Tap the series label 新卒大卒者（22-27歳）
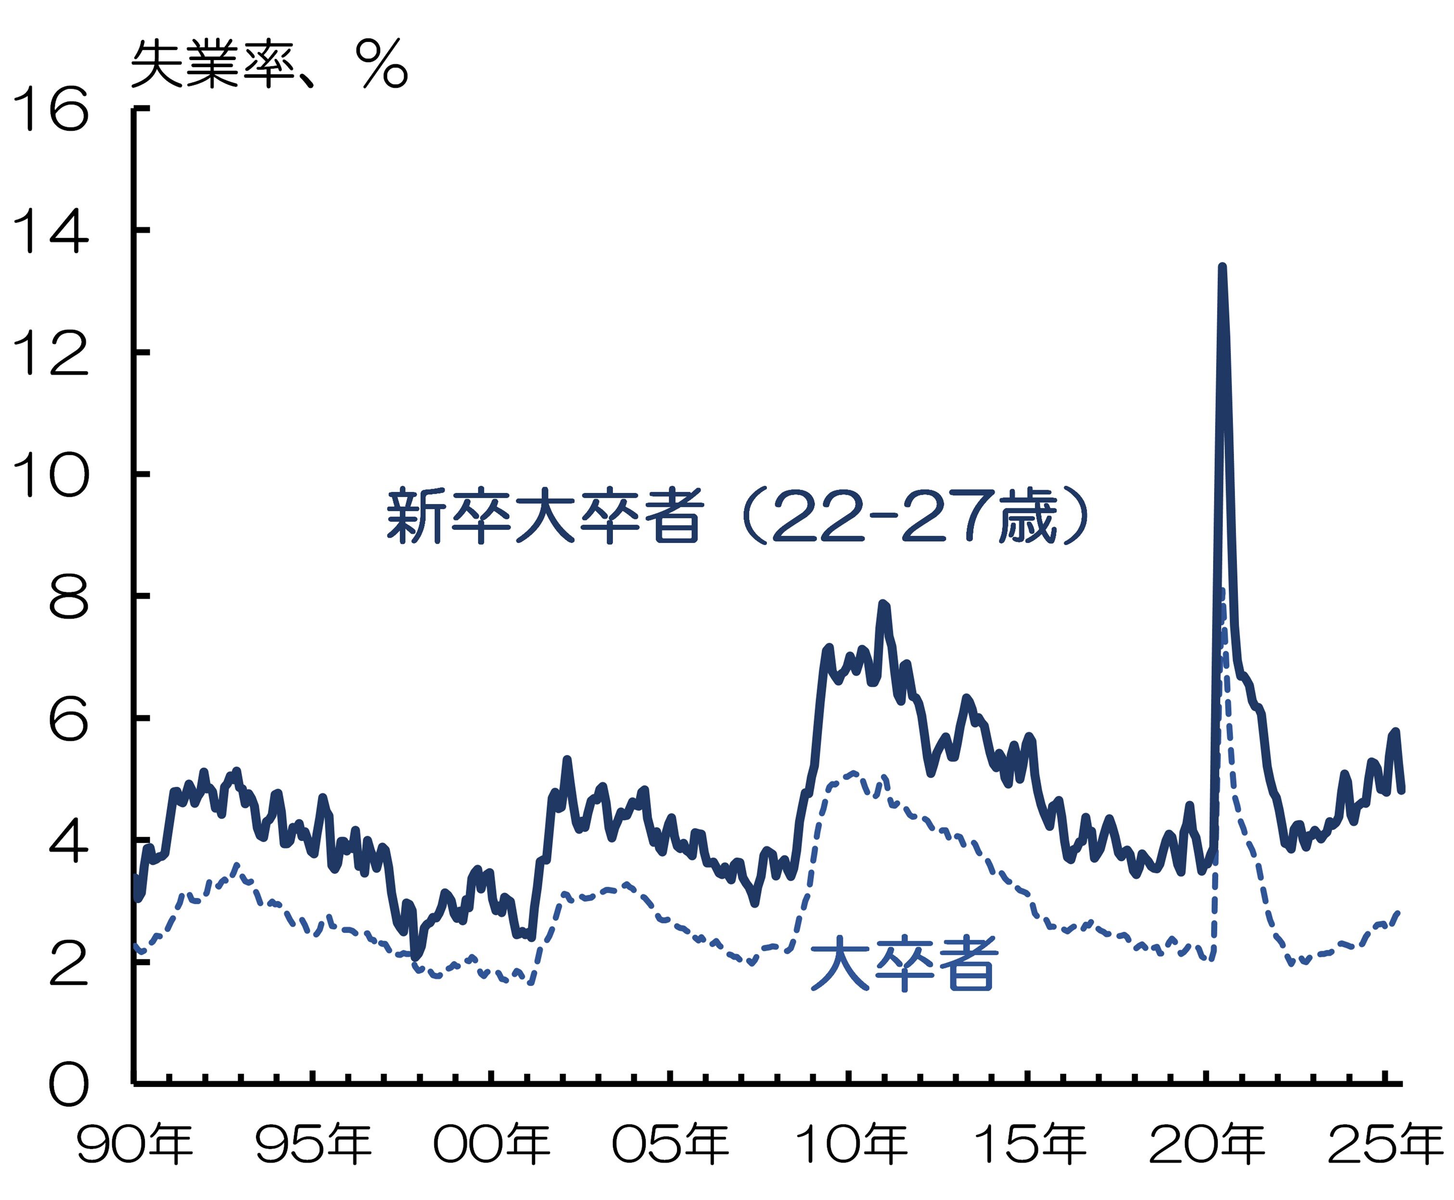pos(737,516)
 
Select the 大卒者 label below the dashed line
pos(903,964)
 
